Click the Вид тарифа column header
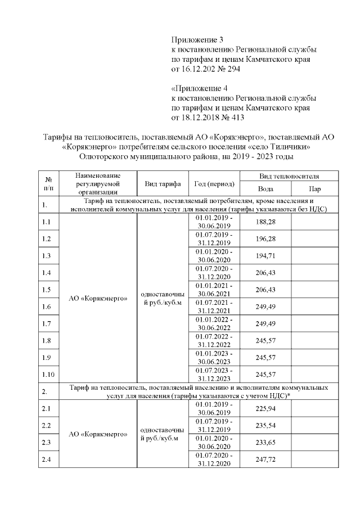click(x=163, y=184)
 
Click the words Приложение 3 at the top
click(x=197, y=40)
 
